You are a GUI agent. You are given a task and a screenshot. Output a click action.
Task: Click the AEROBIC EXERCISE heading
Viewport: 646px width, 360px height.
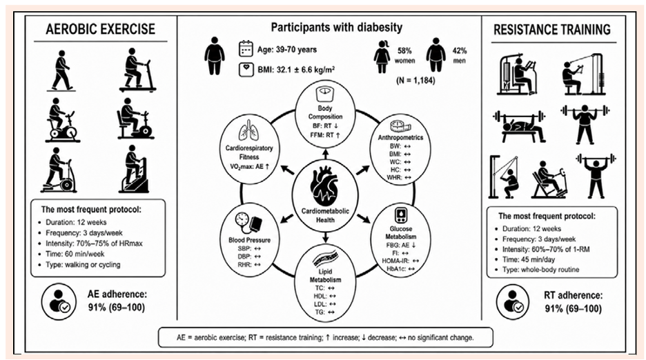101,29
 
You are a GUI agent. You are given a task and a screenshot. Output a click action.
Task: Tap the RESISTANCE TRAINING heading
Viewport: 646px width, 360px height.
552,30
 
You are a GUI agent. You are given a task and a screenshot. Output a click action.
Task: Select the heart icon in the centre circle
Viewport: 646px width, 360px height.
325,186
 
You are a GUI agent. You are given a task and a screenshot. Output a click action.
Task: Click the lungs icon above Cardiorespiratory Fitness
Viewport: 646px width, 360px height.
249,132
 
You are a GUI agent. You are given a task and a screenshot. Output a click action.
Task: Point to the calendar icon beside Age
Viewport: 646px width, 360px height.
246,48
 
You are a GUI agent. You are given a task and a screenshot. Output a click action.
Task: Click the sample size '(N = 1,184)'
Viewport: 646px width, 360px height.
415,80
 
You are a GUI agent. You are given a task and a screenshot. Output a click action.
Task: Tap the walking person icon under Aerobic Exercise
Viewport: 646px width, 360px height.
61,70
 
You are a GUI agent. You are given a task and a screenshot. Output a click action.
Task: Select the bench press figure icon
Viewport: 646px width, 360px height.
519,126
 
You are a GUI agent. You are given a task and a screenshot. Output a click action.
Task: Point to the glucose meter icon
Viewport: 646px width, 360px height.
401,216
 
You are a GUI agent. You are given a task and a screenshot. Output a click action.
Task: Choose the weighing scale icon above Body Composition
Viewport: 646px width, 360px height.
325,94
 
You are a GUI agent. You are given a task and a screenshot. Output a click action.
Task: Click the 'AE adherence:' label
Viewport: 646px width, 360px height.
117,294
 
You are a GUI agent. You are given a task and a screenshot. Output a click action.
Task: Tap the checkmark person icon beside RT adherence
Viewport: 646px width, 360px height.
512,302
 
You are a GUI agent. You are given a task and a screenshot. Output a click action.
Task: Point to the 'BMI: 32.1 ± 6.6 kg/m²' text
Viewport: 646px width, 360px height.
296,70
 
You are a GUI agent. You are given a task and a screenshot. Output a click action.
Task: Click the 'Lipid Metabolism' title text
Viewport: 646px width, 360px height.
325,276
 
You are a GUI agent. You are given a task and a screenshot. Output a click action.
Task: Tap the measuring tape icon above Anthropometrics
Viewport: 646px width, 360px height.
400,126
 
